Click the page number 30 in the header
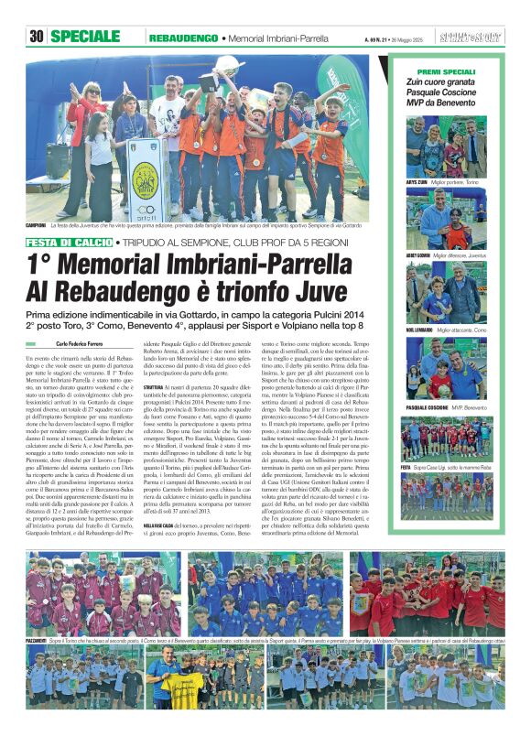(x=37, y=37)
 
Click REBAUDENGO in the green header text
(x=182, y=38)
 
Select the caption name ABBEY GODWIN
(x=418, y=254)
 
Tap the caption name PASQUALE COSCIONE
(x=428, y=405)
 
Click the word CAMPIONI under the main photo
(x=37, y=224)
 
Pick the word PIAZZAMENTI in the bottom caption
(x=41, y=642)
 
